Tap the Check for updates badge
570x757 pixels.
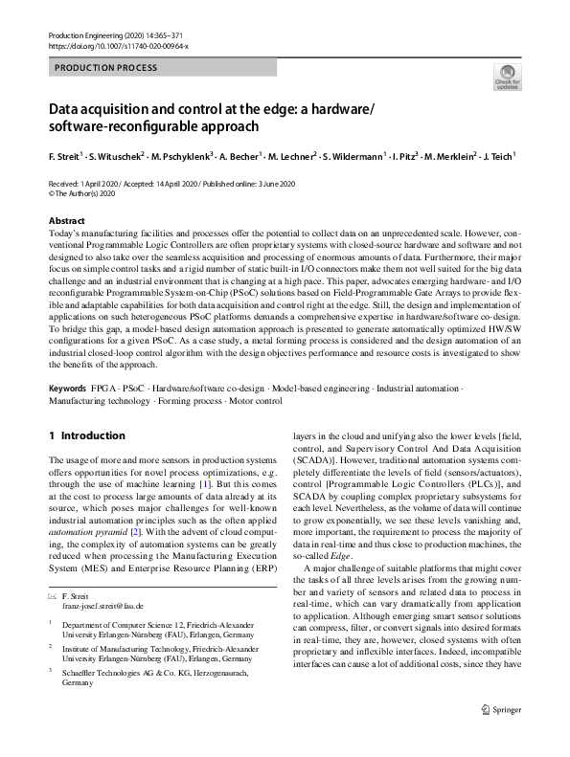click(507, 78)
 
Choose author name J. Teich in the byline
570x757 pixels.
click(496, 156)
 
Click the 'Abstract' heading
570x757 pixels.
click(66, 221)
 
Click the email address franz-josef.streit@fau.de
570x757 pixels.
click(103, 606)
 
